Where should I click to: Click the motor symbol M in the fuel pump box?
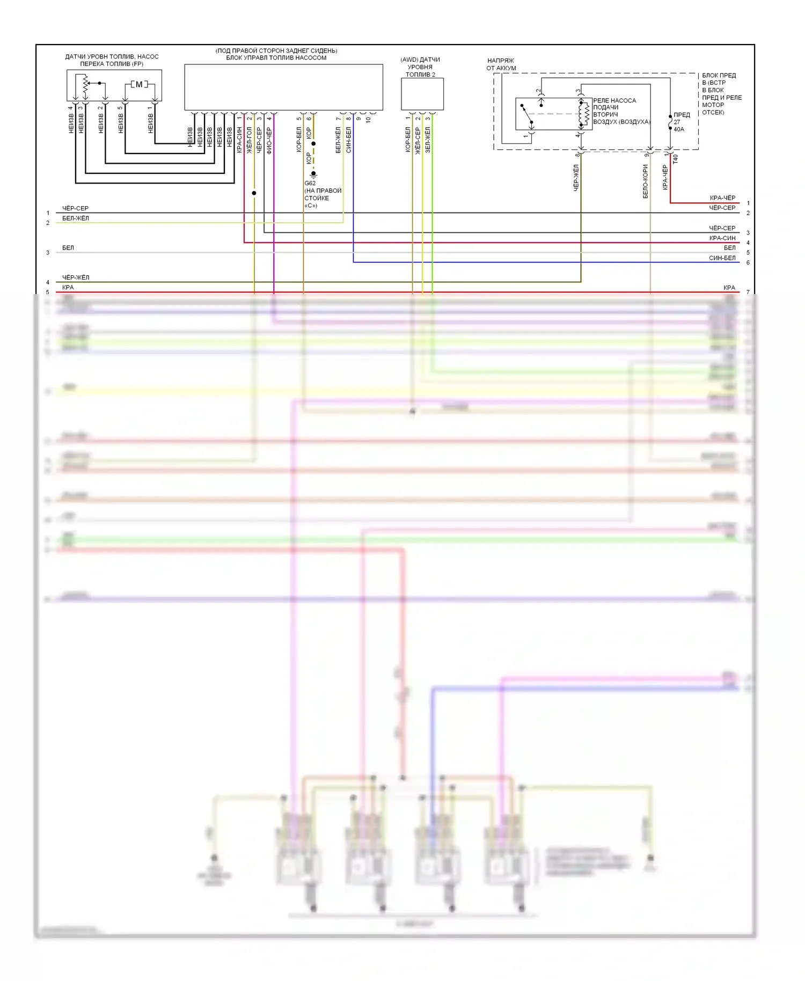[139, 84]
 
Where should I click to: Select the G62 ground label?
[310, 183]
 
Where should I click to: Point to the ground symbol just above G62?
[313, 174]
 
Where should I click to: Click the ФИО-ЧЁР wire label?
[269, 141]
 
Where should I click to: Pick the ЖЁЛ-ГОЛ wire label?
[250, 141]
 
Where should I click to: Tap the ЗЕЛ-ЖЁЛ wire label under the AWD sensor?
[428, 140]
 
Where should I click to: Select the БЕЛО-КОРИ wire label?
[646, 181]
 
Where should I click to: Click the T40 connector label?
[676, 159]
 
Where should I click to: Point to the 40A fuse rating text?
[679, 129]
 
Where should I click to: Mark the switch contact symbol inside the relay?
[526, 114]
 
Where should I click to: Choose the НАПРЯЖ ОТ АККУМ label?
[501, 64]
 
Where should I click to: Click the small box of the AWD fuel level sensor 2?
[422, 94]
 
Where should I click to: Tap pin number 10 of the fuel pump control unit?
[368, 120]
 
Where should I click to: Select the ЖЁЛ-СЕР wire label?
[418, 141]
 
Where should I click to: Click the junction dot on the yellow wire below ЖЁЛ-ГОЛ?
[254, 193]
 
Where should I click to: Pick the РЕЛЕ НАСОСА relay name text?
[614, 100]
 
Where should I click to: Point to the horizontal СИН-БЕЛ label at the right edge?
[722, 258]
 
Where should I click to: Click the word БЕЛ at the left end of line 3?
[68, 248]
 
